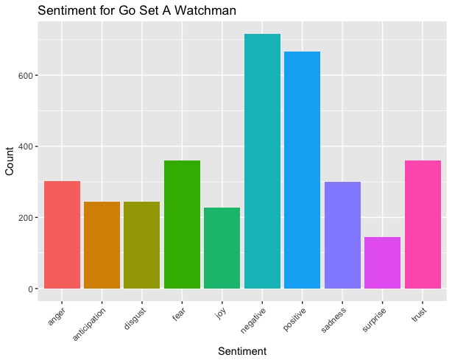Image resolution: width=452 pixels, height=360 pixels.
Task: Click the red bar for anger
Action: tap(62, 235)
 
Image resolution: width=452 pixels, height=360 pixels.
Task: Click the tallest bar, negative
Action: tap(262, 161)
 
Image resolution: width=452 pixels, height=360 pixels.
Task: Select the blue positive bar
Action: tap(302, 170)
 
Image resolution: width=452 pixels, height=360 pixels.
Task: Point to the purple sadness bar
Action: tap(342, 235)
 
